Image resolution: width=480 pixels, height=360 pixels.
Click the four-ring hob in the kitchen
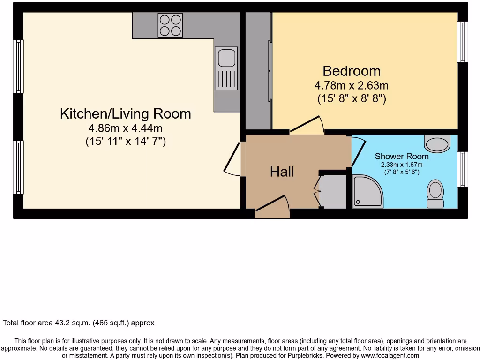click(x=171, y=25)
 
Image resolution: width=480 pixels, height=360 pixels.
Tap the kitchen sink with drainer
click(x=226, y=68)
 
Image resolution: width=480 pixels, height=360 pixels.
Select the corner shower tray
click(x=367, y=191)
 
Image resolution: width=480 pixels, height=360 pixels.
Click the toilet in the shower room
click(x=435, y=194)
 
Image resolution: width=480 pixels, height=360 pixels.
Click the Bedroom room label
click(x=351, y=71)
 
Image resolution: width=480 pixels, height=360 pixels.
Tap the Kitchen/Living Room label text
click(x=125, y=113)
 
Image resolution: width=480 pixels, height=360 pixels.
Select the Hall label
click(x=282, y=172)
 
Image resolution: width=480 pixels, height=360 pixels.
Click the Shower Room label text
click(x=401, y=156)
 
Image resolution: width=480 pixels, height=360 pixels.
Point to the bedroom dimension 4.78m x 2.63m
click(x=351, y=86)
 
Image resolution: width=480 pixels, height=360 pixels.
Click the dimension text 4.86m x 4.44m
click(x=125, y=128)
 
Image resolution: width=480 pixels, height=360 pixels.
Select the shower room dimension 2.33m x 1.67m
click(x=401, y=165)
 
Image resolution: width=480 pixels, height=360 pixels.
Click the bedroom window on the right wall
click(x=463, y=42)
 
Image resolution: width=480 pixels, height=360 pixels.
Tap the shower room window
click(x=463, y=169)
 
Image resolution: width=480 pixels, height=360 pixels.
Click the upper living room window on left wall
click(x=18, y=66)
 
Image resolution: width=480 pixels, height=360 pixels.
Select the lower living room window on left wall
click(x=18, y=167)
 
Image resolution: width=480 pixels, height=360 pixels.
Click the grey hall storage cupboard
click(x=334, y=191)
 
